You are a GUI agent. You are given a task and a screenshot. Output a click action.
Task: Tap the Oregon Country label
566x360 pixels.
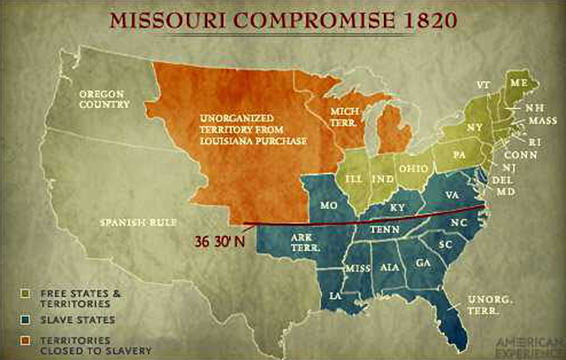pos(105,98)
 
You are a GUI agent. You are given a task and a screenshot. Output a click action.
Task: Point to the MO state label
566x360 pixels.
pos(329,204)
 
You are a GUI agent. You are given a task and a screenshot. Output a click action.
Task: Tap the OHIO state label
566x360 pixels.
pos(414,167)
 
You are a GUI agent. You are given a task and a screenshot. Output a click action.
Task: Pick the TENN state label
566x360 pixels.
pos(386,232)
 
